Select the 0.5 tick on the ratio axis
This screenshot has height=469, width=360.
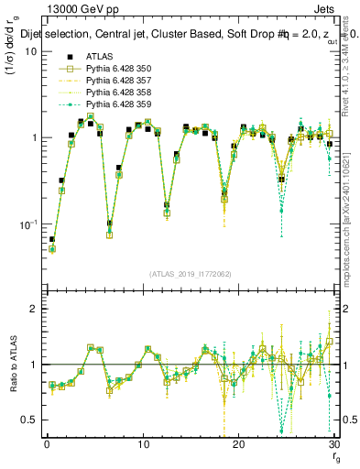click(x=31, y=420)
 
